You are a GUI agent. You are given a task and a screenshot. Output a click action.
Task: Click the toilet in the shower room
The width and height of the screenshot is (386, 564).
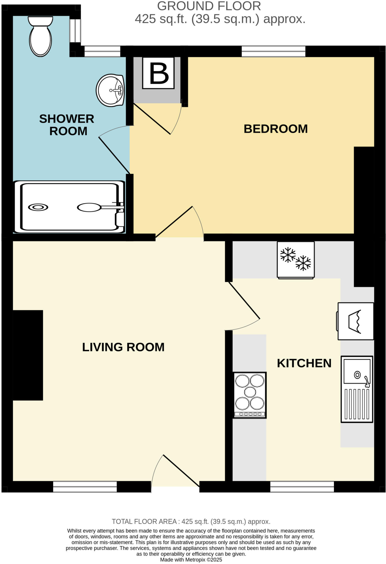(40, 37)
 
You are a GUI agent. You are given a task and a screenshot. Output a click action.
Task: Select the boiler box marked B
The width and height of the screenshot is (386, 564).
(158, 73)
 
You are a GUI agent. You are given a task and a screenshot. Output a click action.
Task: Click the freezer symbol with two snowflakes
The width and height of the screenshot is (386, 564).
(296, 260)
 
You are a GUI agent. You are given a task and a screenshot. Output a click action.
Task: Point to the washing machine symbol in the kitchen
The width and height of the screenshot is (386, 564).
(355, 321)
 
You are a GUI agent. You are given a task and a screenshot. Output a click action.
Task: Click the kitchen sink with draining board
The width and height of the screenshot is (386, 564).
(357, 389)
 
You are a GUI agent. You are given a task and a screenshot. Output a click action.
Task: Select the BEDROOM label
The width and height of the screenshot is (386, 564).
(275, 129)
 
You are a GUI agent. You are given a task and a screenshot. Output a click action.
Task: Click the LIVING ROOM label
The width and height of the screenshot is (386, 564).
(123, 347)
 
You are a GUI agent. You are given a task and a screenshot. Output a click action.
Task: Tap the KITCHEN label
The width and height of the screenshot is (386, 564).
(304, 363)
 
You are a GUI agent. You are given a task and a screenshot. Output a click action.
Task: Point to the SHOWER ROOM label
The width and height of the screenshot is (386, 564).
(67, 125)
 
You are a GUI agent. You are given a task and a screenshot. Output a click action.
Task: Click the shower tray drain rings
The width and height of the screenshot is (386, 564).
(38, 207)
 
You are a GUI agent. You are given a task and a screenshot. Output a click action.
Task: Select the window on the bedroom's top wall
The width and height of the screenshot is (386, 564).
(273, 51)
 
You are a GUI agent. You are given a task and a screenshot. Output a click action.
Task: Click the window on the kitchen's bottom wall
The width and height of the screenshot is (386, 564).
(302, 487)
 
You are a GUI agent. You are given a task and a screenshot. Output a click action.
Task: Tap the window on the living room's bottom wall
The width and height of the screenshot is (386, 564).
(85, 487)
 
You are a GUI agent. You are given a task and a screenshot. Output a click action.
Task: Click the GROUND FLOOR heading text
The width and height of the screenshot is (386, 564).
(209, 6)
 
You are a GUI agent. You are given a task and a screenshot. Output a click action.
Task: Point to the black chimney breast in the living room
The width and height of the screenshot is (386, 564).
(28, 355)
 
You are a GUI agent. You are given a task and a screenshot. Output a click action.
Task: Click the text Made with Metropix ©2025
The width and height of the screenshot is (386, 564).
(191, 560)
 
